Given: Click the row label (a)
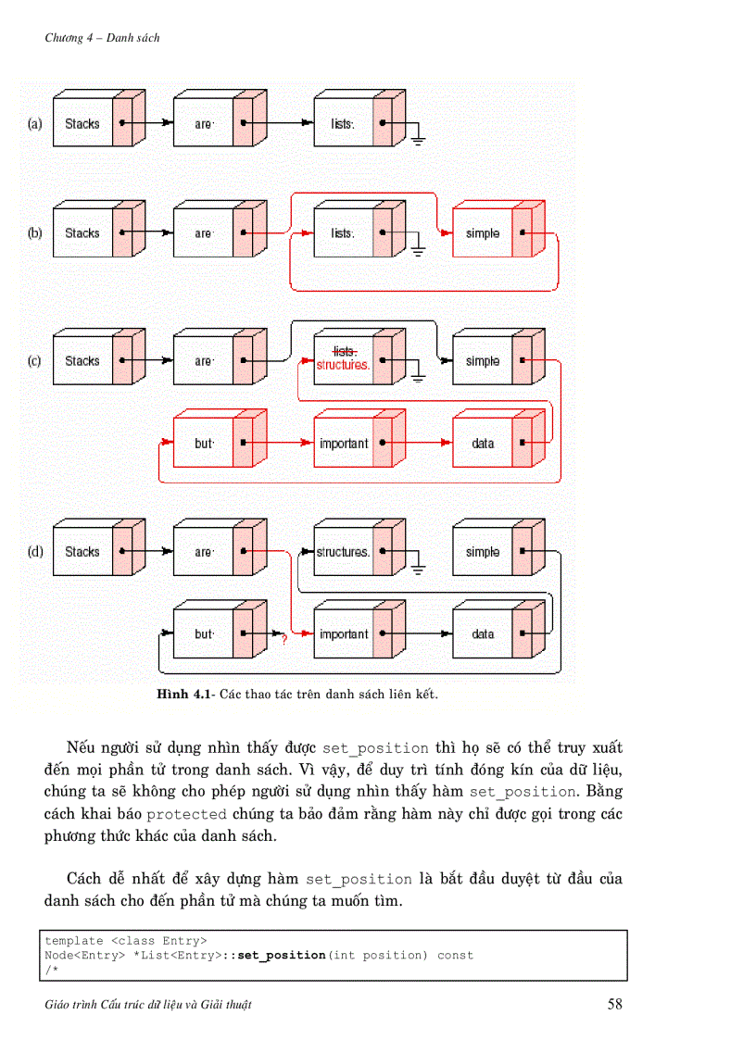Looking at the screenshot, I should pyautogui.click(x=35, y=123).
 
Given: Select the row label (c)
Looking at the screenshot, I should pyautogui.click(x=35, y=361).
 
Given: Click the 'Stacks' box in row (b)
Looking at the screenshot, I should pyautogui.click(x=82, y=233).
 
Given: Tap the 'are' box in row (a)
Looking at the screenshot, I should pyautogui.click(x=203, y=123).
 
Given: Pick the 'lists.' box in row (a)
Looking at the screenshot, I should pyautogui.click(x=343, y=123).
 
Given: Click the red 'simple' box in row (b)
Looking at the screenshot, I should pyautogui.click(x=482, y=233).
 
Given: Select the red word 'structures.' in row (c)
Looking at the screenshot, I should pyautogui.click(x=343, y=366).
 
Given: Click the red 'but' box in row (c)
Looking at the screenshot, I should pyautogui.click(x=204, y=444).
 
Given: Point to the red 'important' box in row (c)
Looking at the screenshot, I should pyautogui.click(x=344, y=444).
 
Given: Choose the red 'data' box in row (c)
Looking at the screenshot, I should pyautogui.click(x=483, y=444).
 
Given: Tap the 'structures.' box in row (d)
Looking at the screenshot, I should pyautogui.click(x=343, y=552).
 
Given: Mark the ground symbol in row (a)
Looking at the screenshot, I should pyautogui.click(x=418, y=140).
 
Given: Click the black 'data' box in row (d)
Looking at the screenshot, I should pyautogui.click(x=483, y=634).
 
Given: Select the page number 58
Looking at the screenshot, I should pyautogui.click(x=615, y=1005).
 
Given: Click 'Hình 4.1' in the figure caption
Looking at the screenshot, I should pyautogui.click(x=185, y=694).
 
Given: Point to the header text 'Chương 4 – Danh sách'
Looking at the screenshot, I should pyautogui.click(x=102, y=38).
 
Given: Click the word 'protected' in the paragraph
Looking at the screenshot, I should pyautogui.click(x=186, y=814).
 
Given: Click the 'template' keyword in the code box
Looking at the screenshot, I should pyautogui.click(x=75, y=940).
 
